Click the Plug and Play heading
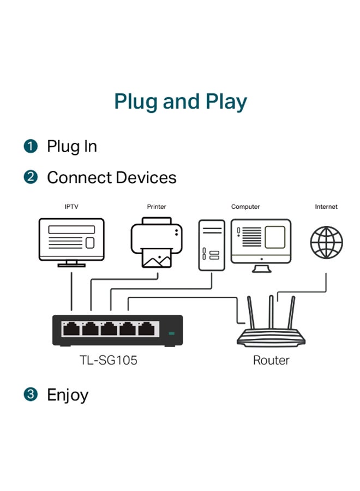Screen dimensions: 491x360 tap(180, 102)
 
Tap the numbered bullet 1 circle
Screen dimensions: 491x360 tap(31, 146)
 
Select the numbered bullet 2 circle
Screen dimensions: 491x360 tap(31, 177)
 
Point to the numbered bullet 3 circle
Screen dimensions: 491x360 tap(31, 394)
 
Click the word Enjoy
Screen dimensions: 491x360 tap(68, 394)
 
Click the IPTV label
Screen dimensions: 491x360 tap(71, 207)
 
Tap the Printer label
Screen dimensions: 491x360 tap(157, 207)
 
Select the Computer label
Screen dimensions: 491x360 tap(245, 207)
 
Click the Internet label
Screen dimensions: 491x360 tap(326, 207)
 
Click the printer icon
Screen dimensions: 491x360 tap(157, 242)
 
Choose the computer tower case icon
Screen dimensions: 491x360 tap(212, 245)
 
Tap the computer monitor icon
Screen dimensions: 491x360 tap(261, 242)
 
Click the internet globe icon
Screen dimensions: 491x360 tap(326, 242)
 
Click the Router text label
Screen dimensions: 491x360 tap(271, 360)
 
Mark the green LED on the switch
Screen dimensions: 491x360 tap(172, 332)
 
